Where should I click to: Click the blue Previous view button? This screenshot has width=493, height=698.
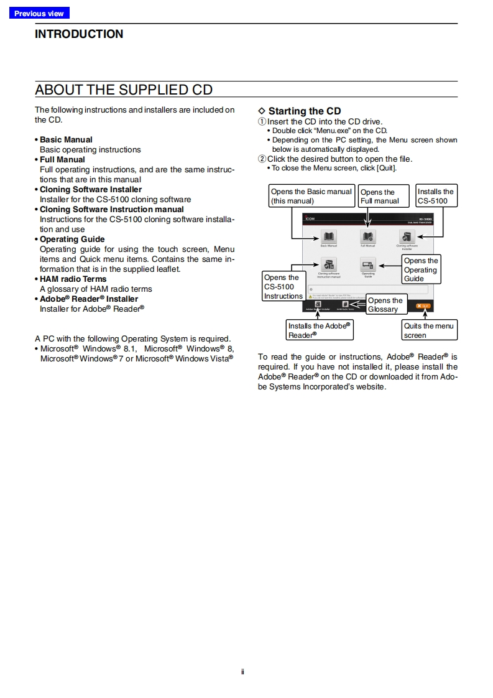39,13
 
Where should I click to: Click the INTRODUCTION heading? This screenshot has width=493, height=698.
79,34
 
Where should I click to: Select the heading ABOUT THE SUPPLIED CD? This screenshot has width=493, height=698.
124,90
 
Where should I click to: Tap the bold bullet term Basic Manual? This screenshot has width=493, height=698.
66,139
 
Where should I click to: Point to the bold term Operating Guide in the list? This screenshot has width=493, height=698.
72,239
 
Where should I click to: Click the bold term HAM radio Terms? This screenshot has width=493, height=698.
73,279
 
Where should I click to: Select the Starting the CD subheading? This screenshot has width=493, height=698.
304,111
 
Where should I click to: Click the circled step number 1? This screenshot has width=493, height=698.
262,122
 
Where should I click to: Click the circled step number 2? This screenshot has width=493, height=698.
262,159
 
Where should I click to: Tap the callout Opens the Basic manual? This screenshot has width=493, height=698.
311,196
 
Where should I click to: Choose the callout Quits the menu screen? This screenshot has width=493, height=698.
429,330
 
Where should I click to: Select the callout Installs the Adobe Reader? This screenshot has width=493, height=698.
320,330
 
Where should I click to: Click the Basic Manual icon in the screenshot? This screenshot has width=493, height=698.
328,237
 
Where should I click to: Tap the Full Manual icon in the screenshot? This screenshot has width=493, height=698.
368,237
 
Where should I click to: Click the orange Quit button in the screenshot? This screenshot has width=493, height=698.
423,306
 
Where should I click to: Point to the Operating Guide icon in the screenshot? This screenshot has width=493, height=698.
368,265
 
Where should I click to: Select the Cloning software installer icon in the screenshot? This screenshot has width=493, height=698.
407,237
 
